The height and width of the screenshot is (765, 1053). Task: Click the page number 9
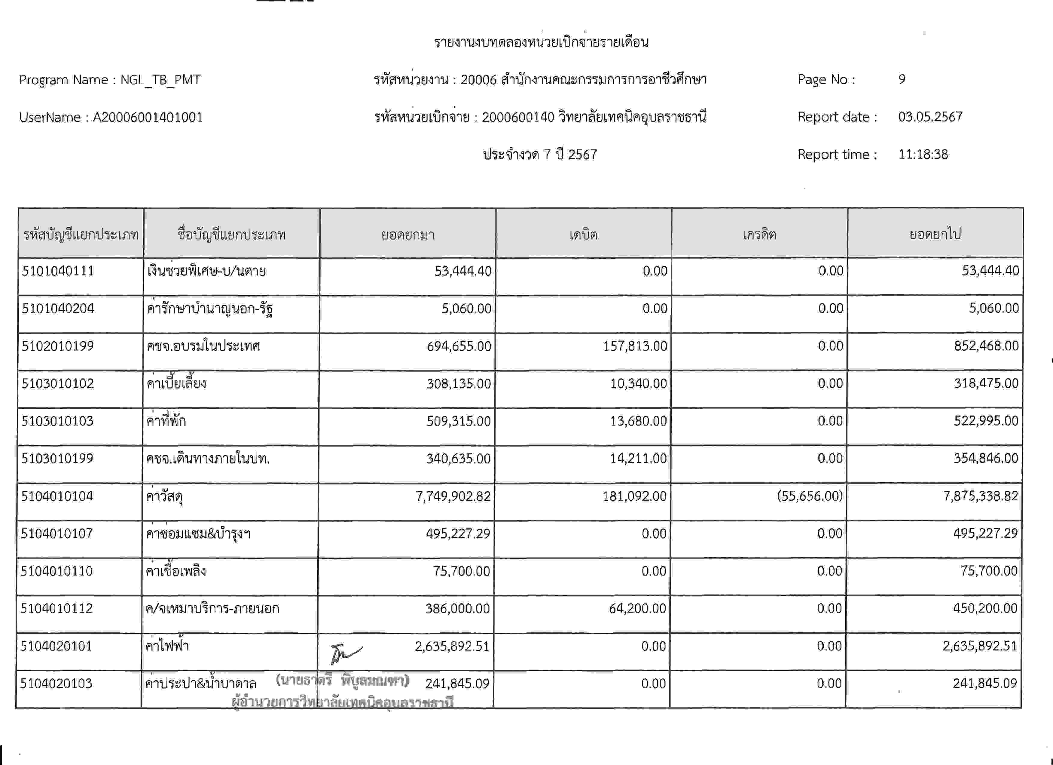902,79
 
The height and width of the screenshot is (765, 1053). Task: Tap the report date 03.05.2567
930,117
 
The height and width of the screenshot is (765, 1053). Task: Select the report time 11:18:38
923,154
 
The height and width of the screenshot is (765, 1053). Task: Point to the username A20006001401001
148,117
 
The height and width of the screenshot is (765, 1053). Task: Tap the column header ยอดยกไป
935,234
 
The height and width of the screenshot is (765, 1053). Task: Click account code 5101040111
58,271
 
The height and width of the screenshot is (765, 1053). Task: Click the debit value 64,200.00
637,608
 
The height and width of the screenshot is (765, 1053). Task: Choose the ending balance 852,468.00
986,346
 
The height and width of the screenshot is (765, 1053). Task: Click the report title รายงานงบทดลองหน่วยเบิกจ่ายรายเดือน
541,42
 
